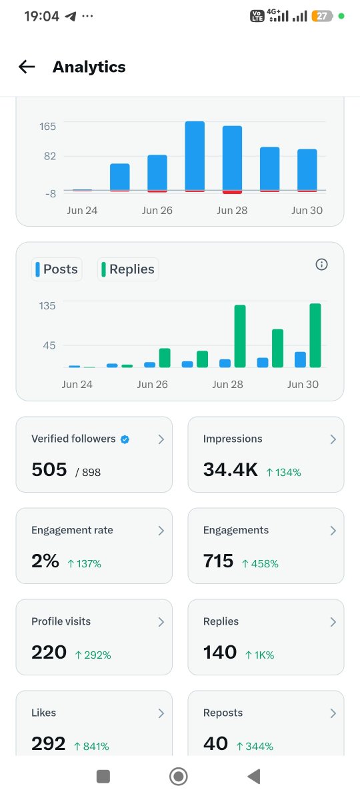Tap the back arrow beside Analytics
pyautogui.click(x=27, y=67)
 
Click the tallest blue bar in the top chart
pyautogui.click(x=195, y=156)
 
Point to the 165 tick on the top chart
pyautogui.click(x=47, y=127)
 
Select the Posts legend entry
pyautogui.click(x=57, y=269)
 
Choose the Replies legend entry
pyautogui.click(x=128, y=269)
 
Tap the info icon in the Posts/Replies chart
pyautogui.click(x=321, y=264)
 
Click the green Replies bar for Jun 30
pyautogui.click(x=315, y=335)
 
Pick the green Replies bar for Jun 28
pyautogui.click(x=240, y=336)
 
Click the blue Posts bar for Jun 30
pyautogui.click(x=300, y=359)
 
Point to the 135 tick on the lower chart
pyautogui.click(x=47, y=306)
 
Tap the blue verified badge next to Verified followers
pyautogui.click(x=125, y=439)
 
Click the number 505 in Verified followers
pyautogui.click(x=49, y=469)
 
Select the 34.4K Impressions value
pyautogui.click(x=231, y=469)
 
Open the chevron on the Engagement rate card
pyautogui.click(x=161, y=531)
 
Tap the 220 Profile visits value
pyautogui.click(x=49, y=652)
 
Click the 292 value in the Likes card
pyautogui.click(x=49, y=743)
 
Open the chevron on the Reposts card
pyautogui.click(x=333, y=713)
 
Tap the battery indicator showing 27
pyautogui.click(x=322, y=16)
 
